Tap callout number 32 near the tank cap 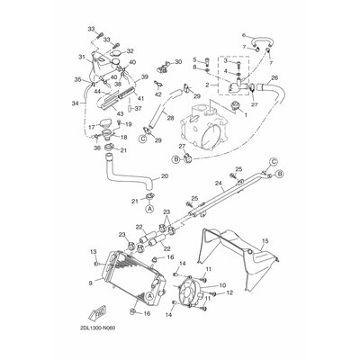(x=130, y=51)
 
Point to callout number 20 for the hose (x=165, y=176)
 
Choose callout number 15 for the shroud (x=265, y=241)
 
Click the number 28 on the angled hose (x=158, y=139)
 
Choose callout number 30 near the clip (x=177, y=62)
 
